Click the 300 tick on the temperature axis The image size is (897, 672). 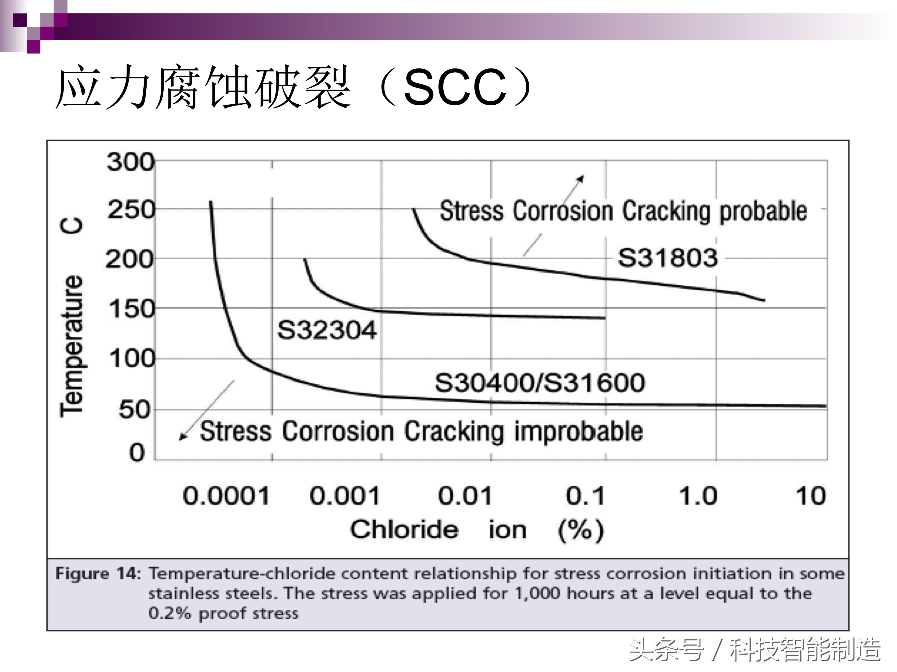coord(130,162)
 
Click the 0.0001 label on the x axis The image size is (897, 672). coord(226,496)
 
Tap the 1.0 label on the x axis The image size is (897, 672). coord(698,496)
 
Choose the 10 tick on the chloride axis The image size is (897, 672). coord(811,496)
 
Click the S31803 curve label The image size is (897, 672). coord(668,258)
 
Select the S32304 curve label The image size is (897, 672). coord(327,330)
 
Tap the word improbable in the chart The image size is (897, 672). coord(579,431)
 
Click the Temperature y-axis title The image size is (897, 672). coord(72,344)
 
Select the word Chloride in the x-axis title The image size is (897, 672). coord(404,529)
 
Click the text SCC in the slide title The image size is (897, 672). coord(455,87)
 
